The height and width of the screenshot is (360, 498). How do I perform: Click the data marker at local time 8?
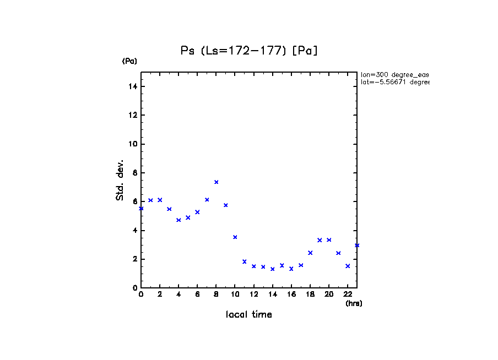coord(216,182)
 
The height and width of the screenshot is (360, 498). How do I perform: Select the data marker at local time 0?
coord(141,208)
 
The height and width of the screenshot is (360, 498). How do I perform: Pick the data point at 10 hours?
coord(235,237)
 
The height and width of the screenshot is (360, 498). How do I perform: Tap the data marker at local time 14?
coord(273,269)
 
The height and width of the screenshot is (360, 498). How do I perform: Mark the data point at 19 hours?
coord(320,240)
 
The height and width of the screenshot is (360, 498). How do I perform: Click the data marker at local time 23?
coord(357,246)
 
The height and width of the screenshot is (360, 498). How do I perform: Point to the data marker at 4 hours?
coord(178,220)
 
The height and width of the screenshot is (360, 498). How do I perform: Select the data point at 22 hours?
coord(348,266)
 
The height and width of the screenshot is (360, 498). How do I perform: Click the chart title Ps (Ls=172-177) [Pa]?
coord(250,51)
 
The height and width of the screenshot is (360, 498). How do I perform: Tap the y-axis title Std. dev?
coord(120,180)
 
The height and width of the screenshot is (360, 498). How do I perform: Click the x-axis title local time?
coord(249,315)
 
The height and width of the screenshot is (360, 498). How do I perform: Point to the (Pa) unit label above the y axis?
coord(129,61)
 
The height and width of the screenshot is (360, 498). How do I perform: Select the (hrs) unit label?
coord(354,303)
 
